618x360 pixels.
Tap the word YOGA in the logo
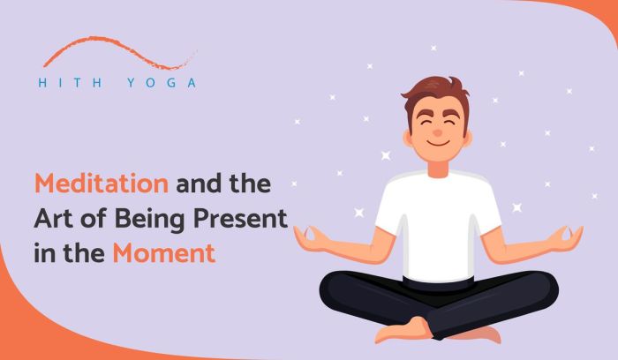[x=165, y=83]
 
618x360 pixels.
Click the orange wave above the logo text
[x=115, y=49]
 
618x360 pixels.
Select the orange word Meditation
[x=102, y=185]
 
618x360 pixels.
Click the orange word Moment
[x=163, y=254]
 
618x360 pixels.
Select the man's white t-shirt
[x=438, y=221]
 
